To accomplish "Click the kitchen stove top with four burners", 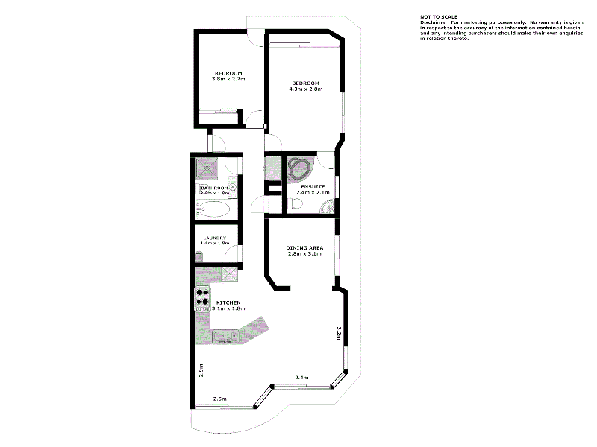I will [202, 298].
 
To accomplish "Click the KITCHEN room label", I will [228, 302].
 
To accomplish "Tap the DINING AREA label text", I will [304, 247].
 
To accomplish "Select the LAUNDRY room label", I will [214, 238].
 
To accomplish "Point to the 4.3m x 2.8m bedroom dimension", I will [305, 89].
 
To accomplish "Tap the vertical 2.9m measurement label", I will [201, 370].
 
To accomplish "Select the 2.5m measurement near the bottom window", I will [220, 399].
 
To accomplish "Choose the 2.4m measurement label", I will [301, 377].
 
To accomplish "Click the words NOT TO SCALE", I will [440, 16].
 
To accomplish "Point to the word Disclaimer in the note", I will [434, 22].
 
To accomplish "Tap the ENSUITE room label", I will [312, 186].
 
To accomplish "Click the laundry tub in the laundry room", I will [199, 256].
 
